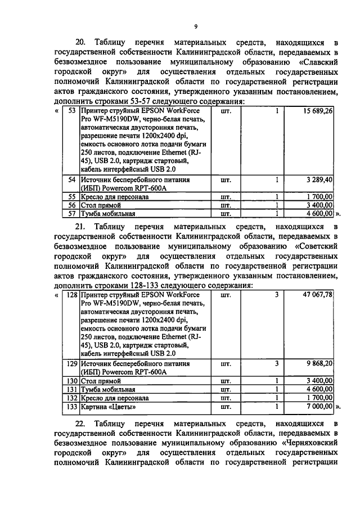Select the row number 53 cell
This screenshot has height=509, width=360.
(71, 112)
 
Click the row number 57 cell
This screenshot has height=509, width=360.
(71, 214)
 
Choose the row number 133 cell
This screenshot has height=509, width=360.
(71, 407)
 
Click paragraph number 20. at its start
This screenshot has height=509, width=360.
(82, 43)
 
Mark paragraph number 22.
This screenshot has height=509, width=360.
(82, 423)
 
